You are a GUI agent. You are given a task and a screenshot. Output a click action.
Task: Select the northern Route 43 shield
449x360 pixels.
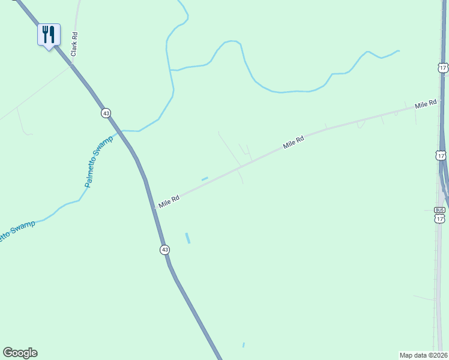pyautogui.click(x=106, y=113)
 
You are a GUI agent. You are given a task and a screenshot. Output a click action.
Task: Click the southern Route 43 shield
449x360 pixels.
pyautogui.click(x=164, y=249)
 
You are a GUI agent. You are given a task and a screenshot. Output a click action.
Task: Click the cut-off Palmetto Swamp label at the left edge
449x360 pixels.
pyautogui.click(x=17, y=230)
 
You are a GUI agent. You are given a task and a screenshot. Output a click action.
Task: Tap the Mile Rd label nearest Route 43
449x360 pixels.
pyautogui.click(x=169, y=202)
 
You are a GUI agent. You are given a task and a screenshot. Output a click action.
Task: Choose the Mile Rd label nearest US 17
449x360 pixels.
pyautogui.click(x=425, y=105)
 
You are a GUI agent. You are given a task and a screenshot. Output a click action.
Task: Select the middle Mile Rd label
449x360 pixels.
pyautogui.click(x=294, y=142)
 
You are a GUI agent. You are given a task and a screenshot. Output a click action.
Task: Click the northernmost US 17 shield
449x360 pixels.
pyautogui.click(x=442, y=68)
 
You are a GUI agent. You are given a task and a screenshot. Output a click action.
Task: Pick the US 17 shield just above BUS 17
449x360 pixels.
pyautogui.click(x=441, y=155)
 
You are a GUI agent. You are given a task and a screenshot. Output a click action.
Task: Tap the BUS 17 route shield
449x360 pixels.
pyautogui.click(x=440, y=215)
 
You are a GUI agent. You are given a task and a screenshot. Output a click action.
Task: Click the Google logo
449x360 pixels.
pyautogui.click(x=20, y=353)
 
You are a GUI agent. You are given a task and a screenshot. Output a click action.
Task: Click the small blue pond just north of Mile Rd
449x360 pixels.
pyautogui.click(x=205, y=178)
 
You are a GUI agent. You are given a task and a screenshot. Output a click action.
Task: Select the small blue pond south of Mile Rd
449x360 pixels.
pyautogui.click(x=187, y=238)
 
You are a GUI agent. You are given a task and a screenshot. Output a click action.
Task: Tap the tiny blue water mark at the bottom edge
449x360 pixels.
pyautogui.click(x=243, y=345)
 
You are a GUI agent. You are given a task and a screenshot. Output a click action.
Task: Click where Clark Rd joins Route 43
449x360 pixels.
pyautogui.click(x=71, y=64)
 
